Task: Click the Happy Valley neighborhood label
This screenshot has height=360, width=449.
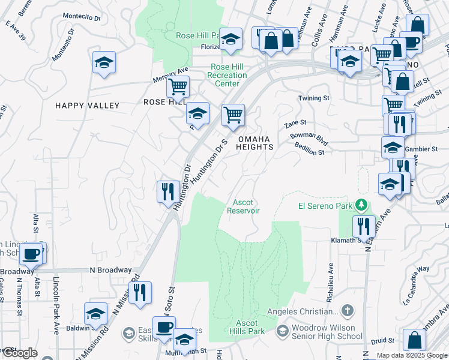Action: (x=88, y=106)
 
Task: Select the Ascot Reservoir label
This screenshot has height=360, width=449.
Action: (x=244, y=206)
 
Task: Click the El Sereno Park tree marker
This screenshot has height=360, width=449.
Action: (x=361, y=206)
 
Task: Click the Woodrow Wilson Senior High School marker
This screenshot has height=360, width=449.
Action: (x=283, y=331)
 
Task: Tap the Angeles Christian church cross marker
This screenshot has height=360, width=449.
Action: (x=347, y=311)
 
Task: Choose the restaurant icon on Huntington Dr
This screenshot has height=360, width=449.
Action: (x=166, y=191)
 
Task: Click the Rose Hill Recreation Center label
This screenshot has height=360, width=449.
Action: (x=227, y=75)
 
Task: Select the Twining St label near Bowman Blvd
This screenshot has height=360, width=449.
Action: (x=315, y=98)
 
